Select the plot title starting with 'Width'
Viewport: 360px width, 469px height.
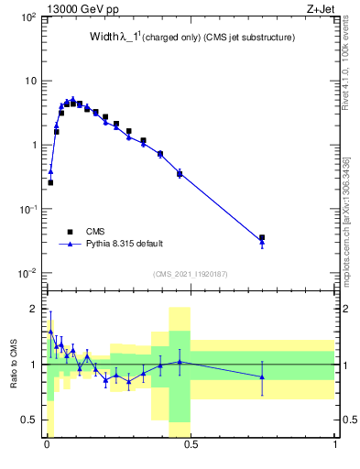click(x=179, y=38)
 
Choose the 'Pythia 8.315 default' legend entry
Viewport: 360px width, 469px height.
click(x=125, y=244)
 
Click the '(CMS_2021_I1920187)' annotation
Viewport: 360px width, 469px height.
click(x=189, y=273)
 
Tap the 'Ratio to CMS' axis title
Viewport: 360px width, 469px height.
click(x=14, y=362)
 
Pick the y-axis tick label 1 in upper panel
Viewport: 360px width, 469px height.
click(x=32, y=146)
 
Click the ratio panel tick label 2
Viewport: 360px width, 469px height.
click(x=34, y=309)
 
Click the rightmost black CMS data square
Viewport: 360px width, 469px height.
click(x=262, y=238)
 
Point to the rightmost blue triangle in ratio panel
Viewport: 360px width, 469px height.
click(x=262, y=376)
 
